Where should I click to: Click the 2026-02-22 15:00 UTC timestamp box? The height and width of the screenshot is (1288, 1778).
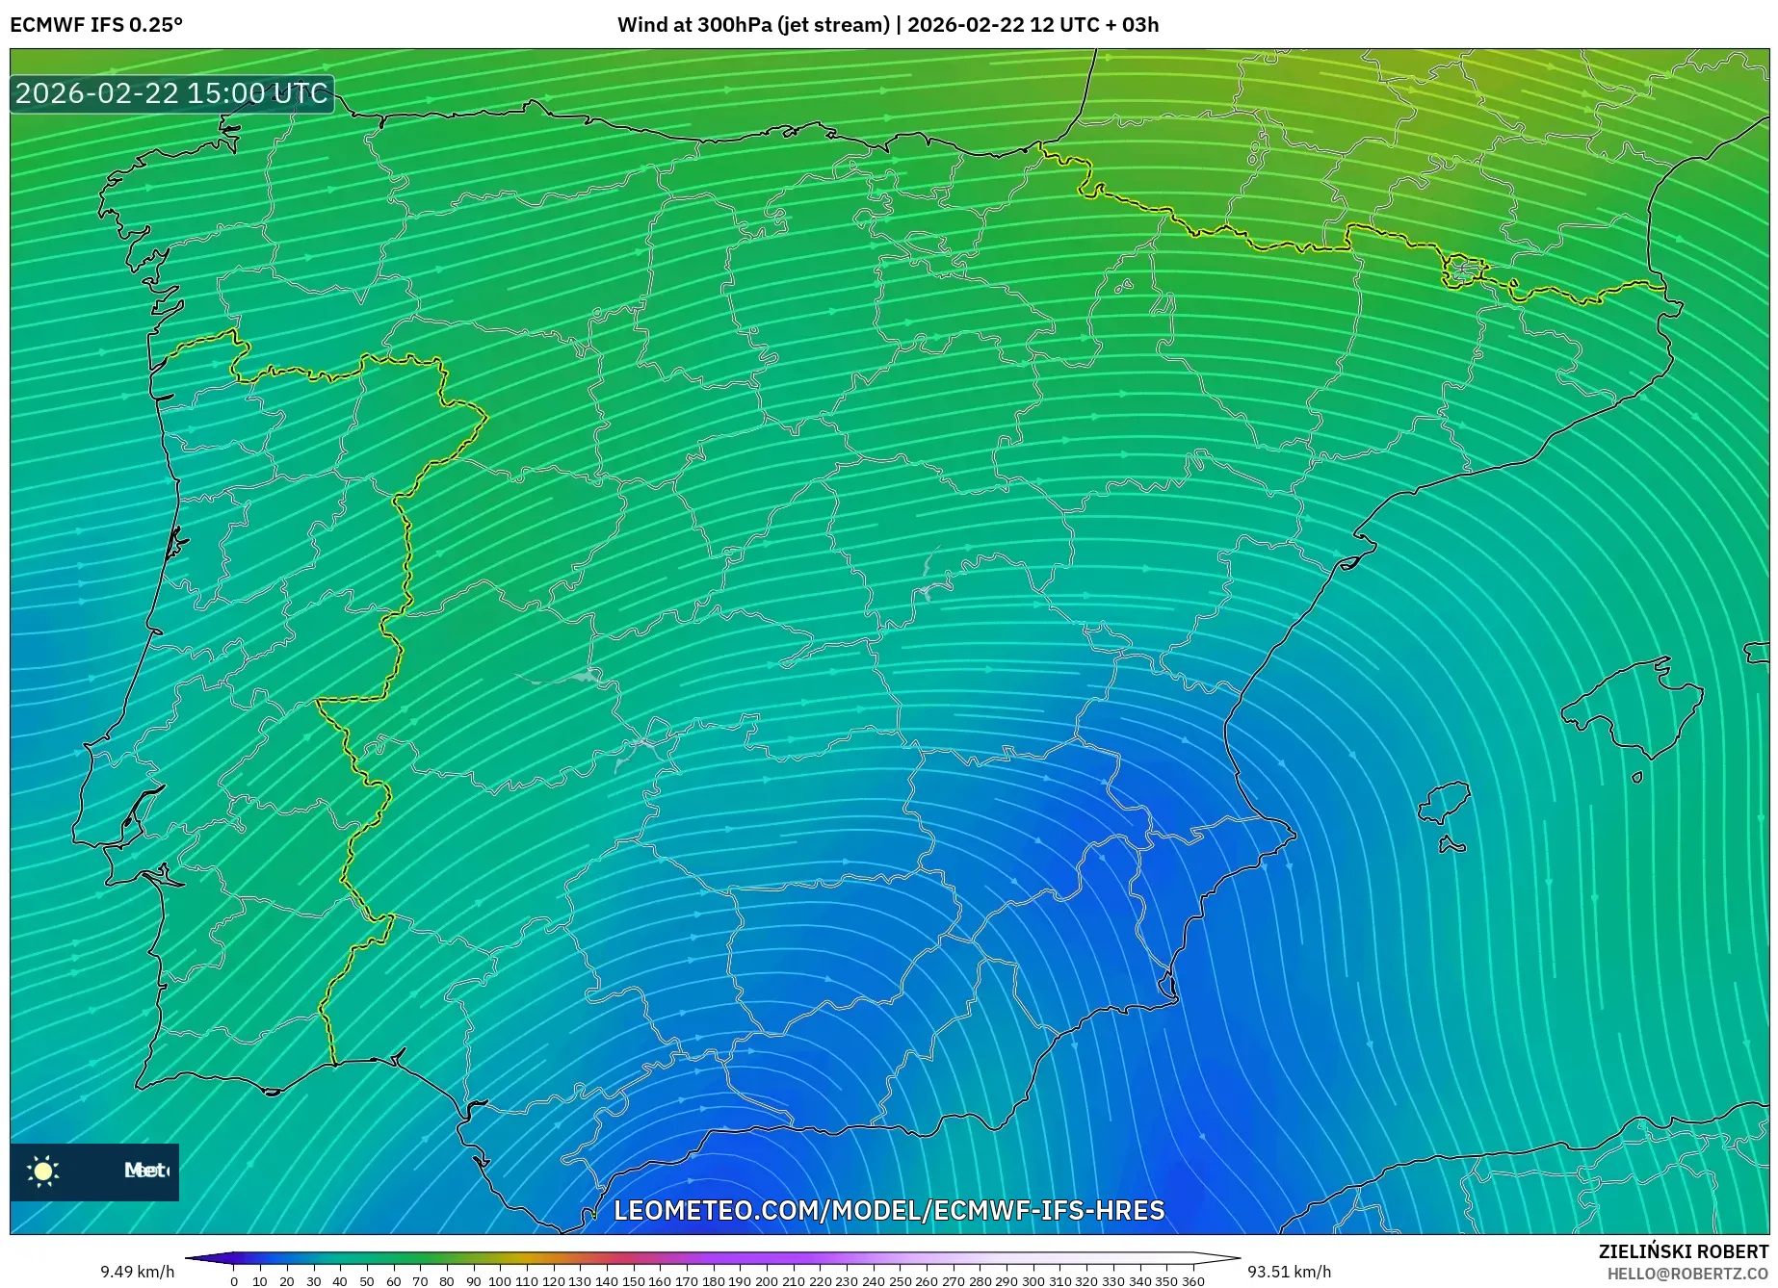click(171, 93)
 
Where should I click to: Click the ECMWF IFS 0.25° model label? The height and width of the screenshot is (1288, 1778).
click(96, 25)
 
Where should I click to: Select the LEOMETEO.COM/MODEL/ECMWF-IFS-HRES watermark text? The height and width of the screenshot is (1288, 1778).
click(889, 1210)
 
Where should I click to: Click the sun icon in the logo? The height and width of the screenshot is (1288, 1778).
click(43, 1171)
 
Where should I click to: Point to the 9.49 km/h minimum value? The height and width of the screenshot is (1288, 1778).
click(137, 1272)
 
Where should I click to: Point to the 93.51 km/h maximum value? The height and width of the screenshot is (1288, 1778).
click(1289, 1272)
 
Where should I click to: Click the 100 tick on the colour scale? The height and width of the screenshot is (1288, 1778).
click(499, 1281)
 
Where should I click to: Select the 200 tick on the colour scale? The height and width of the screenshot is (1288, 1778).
click(766, 1281)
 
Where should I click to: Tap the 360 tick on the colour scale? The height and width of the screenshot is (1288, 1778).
click(1192, 1281)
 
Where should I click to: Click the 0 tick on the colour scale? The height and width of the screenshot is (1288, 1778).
click(234, 1281)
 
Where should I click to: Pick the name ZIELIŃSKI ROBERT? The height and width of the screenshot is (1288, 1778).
click(1684, 1251)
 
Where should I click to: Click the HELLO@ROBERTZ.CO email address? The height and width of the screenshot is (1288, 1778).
click(1687, 1274)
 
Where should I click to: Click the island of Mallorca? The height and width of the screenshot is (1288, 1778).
click(1633, 708)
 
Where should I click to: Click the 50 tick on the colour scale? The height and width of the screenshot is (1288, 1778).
click(367, 1281)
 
